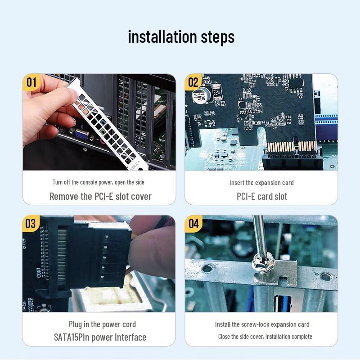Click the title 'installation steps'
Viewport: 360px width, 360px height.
[181, 36]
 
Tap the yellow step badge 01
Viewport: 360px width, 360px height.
[31, 82]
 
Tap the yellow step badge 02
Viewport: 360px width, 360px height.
[193, 82]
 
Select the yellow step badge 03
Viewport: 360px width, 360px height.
[31, 224]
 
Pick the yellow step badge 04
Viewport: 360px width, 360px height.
[193, 224]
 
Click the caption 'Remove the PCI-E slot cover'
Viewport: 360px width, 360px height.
[100, 197]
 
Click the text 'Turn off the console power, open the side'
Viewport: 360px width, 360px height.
[99, 182]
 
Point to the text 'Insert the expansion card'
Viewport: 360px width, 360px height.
[261, 182]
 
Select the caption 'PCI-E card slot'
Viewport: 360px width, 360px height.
[261, 197]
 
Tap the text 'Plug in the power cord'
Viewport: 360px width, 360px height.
[102, 324]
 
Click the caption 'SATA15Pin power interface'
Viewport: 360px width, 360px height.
[100, 337]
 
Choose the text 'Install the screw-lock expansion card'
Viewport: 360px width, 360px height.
[262, 324]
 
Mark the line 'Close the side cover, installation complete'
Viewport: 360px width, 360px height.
[265, 337]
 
